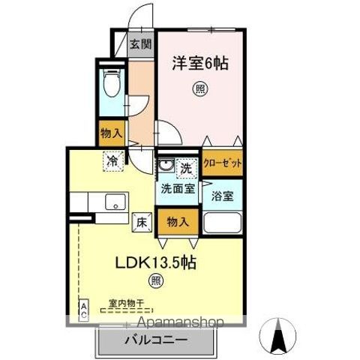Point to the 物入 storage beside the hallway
pyautogui.click(x=112, y=133)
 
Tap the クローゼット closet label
pyautogui.click(x=222, y=164)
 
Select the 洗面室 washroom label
pyautogui.click(x=176, y=189)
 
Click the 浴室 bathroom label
pyautogui.click(x=223, y=195)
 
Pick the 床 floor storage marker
pyautogui.click(x=141, y=221)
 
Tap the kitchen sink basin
pyautogui.click(x=115, y=202)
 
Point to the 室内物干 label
pyautogui.click(x=125, y=303)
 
